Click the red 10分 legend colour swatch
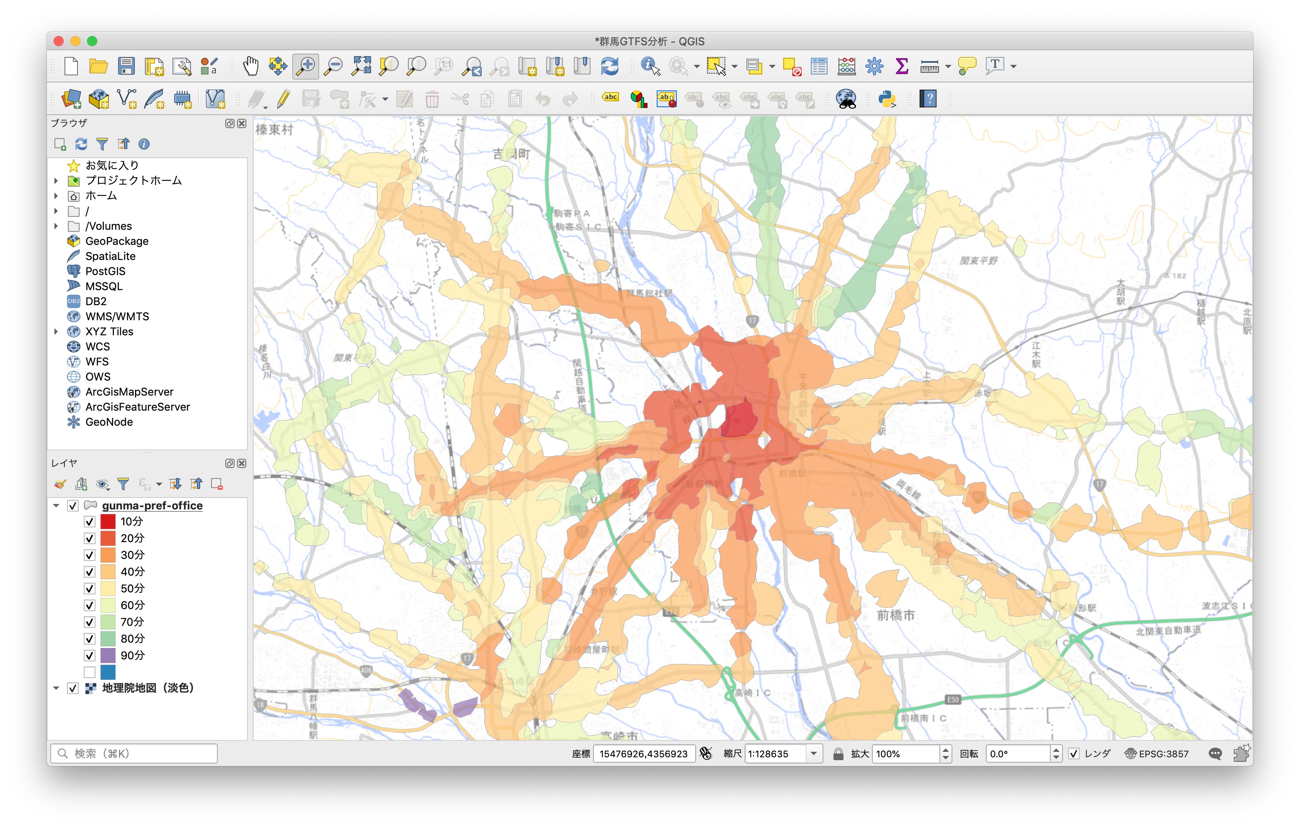point(108,522)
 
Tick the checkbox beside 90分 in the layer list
point(90,656)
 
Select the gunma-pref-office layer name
point(152,506)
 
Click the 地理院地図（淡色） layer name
point(148,688)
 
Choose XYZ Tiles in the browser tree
point(109,332)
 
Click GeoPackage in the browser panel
point(116,241)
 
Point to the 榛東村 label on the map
point(274,129)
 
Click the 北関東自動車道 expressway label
point(1168,630)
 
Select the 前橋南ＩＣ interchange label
point(923,718)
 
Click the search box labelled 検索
point(135,753)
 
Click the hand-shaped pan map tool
point(250,67)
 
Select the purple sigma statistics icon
point(901,67)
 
